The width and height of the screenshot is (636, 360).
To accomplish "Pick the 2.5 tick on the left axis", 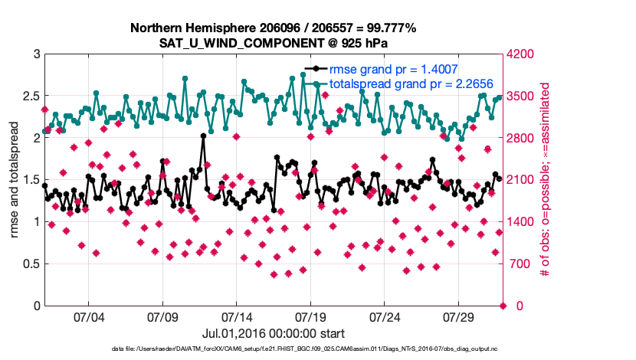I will tap(30, 97).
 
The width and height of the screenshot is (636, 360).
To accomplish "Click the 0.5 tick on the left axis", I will tap(30, 264).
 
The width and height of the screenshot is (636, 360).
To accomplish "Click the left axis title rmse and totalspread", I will tap(14, 180).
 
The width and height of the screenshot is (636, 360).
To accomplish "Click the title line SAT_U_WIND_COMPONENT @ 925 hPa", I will tap(274, 42).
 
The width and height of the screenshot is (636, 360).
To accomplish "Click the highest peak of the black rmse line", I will tap(203, 136).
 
